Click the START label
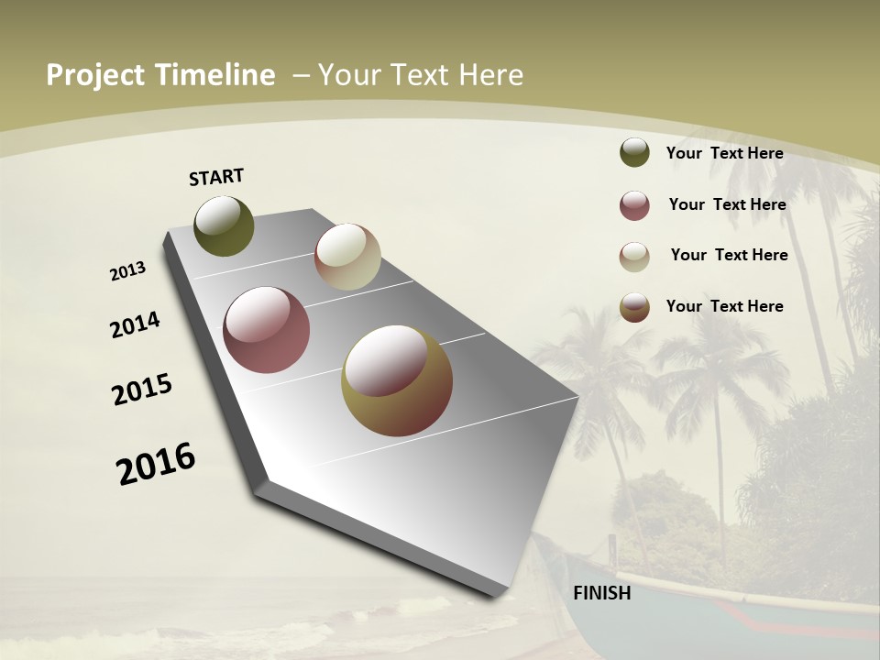[x=216, y=177]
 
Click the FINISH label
[x=601, y=593]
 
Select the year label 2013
[x=128, y=271]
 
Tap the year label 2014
[x=135, y=324]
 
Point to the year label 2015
[x=142, y=390]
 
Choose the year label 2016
[x=156, y=464]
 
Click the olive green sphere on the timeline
[x=224, y=226]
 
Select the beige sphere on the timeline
[x=347, y=257]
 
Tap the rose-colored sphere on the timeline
[x=266, y=330]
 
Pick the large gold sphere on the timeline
[x=397, y=380]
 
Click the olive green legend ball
[x=634, y=152]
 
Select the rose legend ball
[x=634, y=204]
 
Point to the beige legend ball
[x=634, y=256]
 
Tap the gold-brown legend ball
[x=634, y=307]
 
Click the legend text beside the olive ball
[x=724, y=153]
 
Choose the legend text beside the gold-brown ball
[x=724, y=306]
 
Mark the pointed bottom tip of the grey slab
[x=500, y=594]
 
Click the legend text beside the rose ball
[x=727, y=204]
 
